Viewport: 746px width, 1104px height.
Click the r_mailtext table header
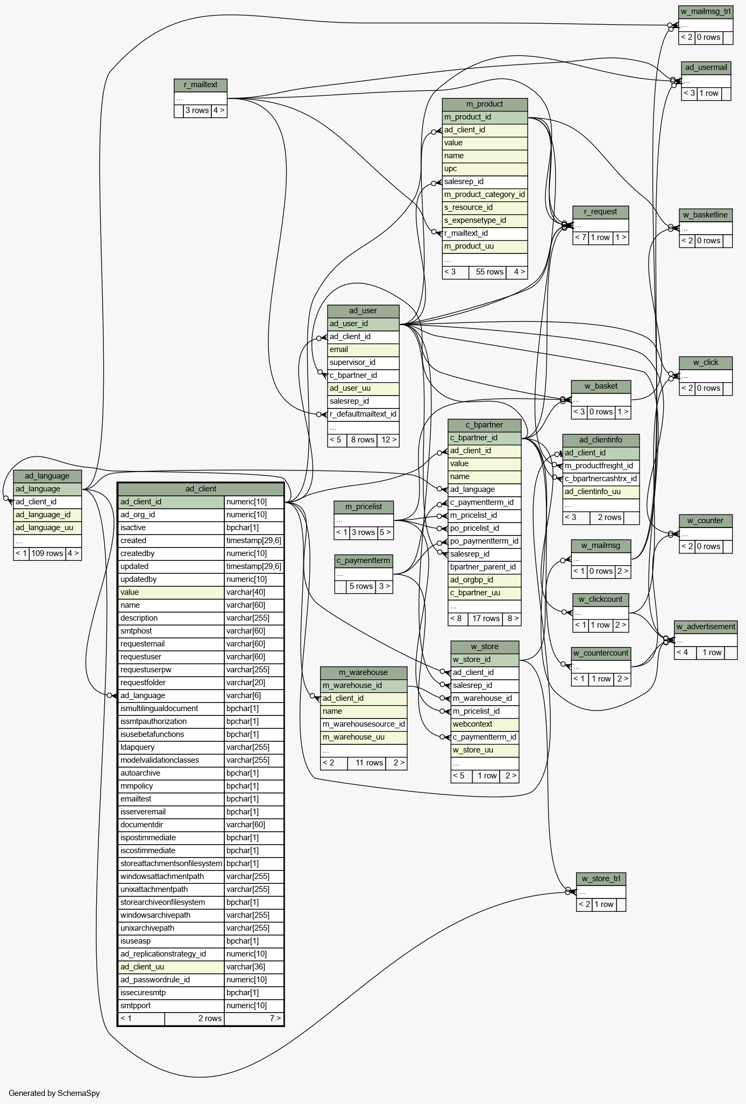click(x=201, y=85)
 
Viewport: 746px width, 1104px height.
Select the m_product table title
click(x=485, y=104)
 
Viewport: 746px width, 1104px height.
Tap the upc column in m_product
click(x=485, y=168)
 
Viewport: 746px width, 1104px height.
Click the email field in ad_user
click(x=363, y=349)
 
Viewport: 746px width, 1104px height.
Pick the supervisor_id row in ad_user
click(x=363, y=362)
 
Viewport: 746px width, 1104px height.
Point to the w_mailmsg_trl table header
click(x=706, y=12)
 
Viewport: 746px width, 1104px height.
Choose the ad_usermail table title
click(x=706, y=67)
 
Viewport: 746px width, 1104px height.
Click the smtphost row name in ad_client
click(x=171, y=631)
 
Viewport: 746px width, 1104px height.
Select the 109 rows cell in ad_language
click(x=47, y=553)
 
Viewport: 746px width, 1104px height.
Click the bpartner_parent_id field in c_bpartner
click(x=485, y=567)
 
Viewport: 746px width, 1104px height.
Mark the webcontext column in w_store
click(x=485, y=724)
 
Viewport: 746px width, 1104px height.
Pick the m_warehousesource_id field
click(x=364, y=724)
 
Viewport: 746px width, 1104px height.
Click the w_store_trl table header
click(x=601, y=879)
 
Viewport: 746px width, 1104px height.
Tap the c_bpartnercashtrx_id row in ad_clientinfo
click(x=601, y=479)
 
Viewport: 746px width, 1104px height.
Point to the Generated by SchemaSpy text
click(x=54, y=1093)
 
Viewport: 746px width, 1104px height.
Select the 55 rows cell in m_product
click(x=489, y=272)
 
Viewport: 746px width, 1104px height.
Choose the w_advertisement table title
click(x=706, y=627)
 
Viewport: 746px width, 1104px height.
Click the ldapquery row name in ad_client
click(x=171, y=747)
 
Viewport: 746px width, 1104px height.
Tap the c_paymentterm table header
click(x=364, y=560)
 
